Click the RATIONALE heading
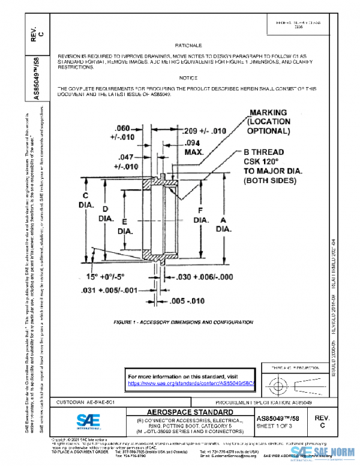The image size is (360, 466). click(184, 46)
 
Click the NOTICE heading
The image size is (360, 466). click(188, 79)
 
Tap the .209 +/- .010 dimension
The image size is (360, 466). click(203, 131)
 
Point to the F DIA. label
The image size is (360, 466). click(200, 216)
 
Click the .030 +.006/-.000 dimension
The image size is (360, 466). click(203, 277)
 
